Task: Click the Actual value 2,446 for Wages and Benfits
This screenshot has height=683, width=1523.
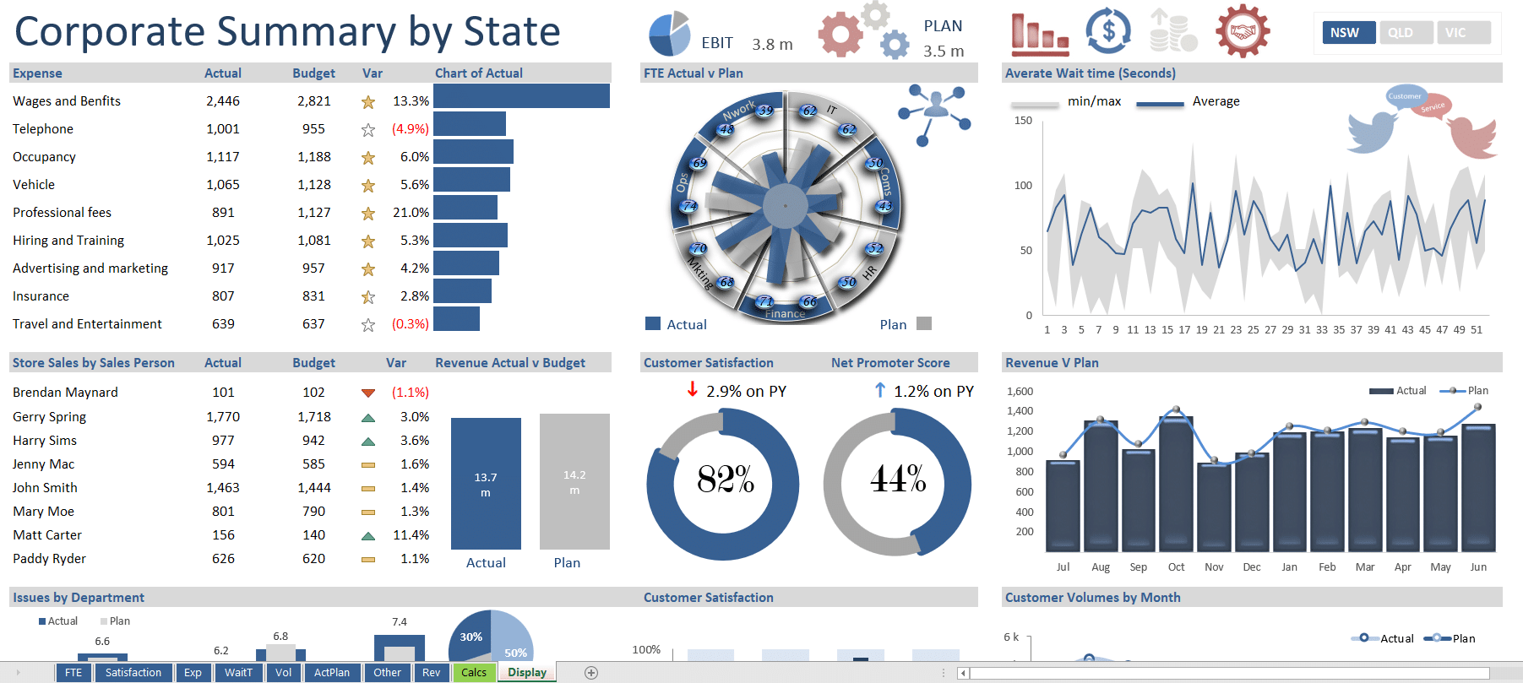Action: [x=223, y=101]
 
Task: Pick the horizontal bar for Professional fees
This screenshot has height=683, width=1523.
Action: [x=465, y=208]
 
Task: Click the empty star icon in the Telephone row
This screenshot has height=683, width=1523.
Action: [x=368, y=130]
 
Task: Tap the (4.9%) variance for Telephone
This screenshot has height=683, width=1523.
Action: [x=410, y=129]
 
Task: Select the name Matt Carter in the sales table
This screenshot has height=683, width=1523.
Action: [x=47, y=535]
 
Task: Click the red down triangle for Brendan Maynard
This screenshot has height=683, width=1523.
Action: [x=368, y=393]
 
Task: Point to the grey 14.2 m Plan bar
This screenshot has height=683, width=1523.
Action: [x=574, y=481]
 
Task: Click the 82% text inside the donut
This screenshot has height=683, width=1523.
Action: [x=725, y=480]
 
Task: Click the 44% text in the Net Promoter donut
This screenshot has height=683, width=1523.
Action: [x=898, y=480]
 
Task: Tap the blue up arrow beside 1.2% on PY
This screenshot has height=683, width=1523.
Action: [x=880, y=390]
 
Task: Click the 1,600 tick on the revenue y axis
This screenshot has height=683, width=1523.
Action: [x=1020, y=392]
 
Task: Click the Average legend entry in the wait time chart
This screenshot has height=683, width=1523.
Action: [x=1216, y=101]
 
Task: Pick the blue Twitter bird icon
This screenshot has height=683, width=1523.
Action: [x=1372, y=131]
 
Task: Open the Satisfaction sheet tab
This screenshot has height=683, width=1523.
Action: [x=133, y=673]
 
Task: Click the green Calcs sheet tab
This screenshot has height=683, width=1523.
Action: [x=473, y=673]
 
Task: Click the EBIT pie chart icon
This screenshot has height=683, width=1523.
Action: [x=670, y=35]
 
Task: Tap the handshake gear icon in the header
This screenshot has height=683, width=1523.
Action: [x=1243, y=32]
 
